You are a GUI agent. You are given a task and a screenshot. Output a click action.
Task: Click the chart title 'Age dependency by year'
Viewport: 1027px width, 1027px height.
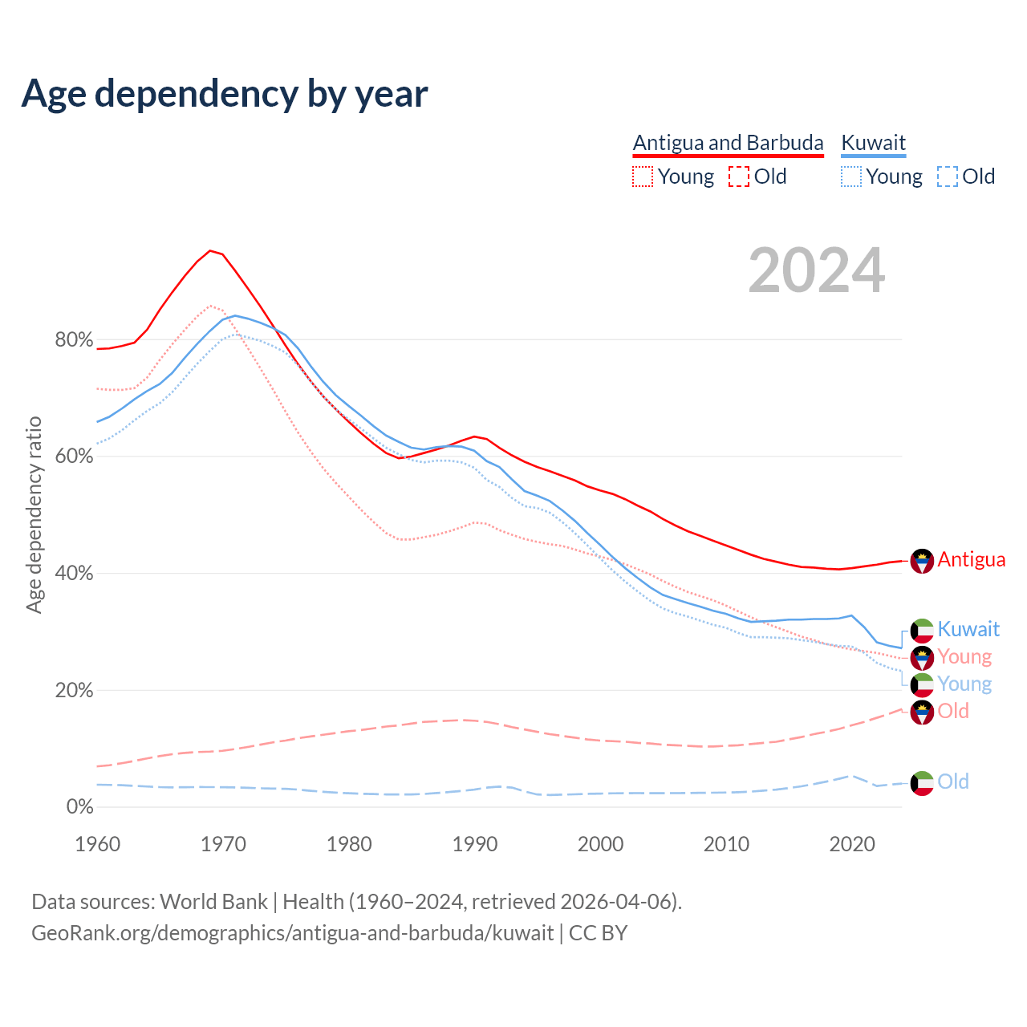coord(225,94)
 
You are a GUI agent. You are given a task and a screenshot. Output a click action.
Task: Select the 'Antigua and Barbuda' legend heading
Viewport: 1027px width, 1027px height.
coord(728,143)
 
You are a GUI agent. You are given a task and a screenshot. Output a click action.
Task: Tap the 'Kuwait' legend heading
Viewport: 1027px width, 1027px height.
coord(873,143)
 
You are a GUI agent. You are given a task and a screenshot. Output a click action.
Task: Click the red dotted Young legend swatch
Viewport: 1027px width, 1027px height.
coord(643,177)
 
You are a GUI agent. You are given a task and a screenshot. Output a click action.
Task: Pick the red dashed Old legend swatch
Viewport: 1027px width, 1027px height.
coord(739,177)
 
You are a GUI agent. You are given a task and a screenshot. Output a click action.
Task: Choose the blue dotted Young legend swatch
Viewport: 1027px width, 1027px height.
coord(851,177)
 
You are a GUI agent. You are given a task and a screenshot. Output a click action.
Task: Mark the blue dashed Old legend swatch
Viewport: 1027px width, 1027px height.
coord(948,177)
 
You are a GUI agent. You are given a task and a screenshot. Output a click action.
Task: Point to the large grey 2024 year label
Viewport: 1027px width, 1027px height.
coord(817,271)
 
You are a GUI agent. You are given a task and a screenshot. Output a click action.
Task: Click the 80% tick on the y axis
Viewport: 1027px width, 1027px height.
coord(74,339)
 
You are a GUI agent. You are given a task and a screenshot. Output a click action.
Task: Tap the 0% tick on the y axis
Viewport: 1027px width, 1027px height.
coord(79,806)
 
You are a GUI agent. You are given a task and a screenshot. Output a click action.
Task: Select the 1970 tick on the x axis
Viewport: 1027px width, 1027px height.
coord(223,844)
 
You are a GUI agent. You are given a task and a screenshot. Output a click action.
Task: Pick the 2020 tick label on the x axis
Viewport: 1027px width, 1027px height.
coord(852,844)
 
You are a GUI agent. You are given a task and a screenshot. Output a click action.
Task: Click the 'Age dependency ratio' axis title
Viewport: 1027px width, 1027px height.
coord(34,514)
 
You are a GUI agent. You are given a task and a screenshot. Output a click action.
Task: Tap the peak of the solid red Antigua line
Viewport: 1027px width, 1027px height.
coord(210,250)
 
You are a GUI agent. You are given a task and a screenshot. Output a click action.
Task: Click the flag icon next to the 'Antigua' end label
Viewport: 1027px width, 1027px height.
coord(922,561)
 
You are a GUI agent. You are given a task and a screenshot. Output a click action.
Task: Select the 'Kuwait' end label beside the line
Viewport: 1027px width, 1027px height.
coord(968,629)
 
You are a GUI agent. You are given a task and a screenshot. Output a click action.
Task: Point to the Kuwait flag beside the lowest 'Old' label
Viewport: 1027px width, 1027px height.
coord(922,783)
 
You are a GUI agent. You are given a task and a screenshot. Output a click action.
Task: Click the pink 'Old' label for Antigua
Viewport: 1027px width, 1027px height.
coord(953,711)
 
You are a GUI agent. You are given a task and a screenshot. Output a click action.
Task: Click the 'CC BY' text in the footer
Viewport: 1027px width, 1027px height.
coord(598,933)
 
